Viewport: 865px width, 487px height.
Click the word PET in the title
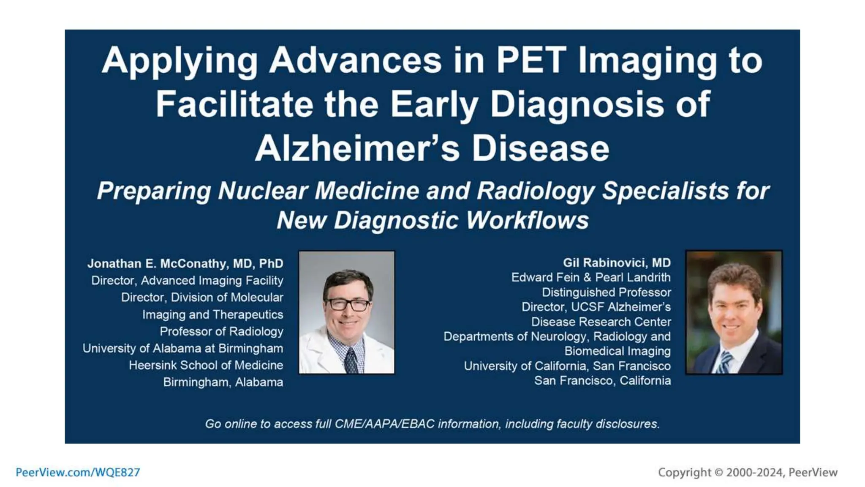[x=531, y=60]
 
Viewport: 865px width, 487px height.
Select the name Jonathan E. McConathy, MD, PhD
[x=185, y=263]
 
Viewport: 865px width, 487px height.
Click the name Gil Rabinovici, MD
[x=617, y=263]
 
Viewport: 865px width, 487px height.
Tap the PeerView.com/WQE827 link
[x=78, y=472]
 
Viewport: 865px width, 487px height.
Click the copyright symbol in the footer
[x=718, y=472]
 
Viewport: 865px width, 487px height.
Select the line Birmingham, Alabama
[x=223, y=382]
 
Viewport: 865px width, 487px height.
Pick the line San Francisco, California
[x=602, y=380]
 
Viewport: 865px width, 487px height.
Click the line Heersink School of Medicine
[x=206, y=365]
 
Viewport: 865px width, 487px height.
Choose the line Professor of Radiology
[x=221, y=331]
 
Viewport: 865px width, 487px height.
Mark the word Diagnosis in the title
[x=578, y=104]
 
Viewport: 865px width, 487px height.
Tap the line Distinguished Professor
[x=606, y=292]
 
